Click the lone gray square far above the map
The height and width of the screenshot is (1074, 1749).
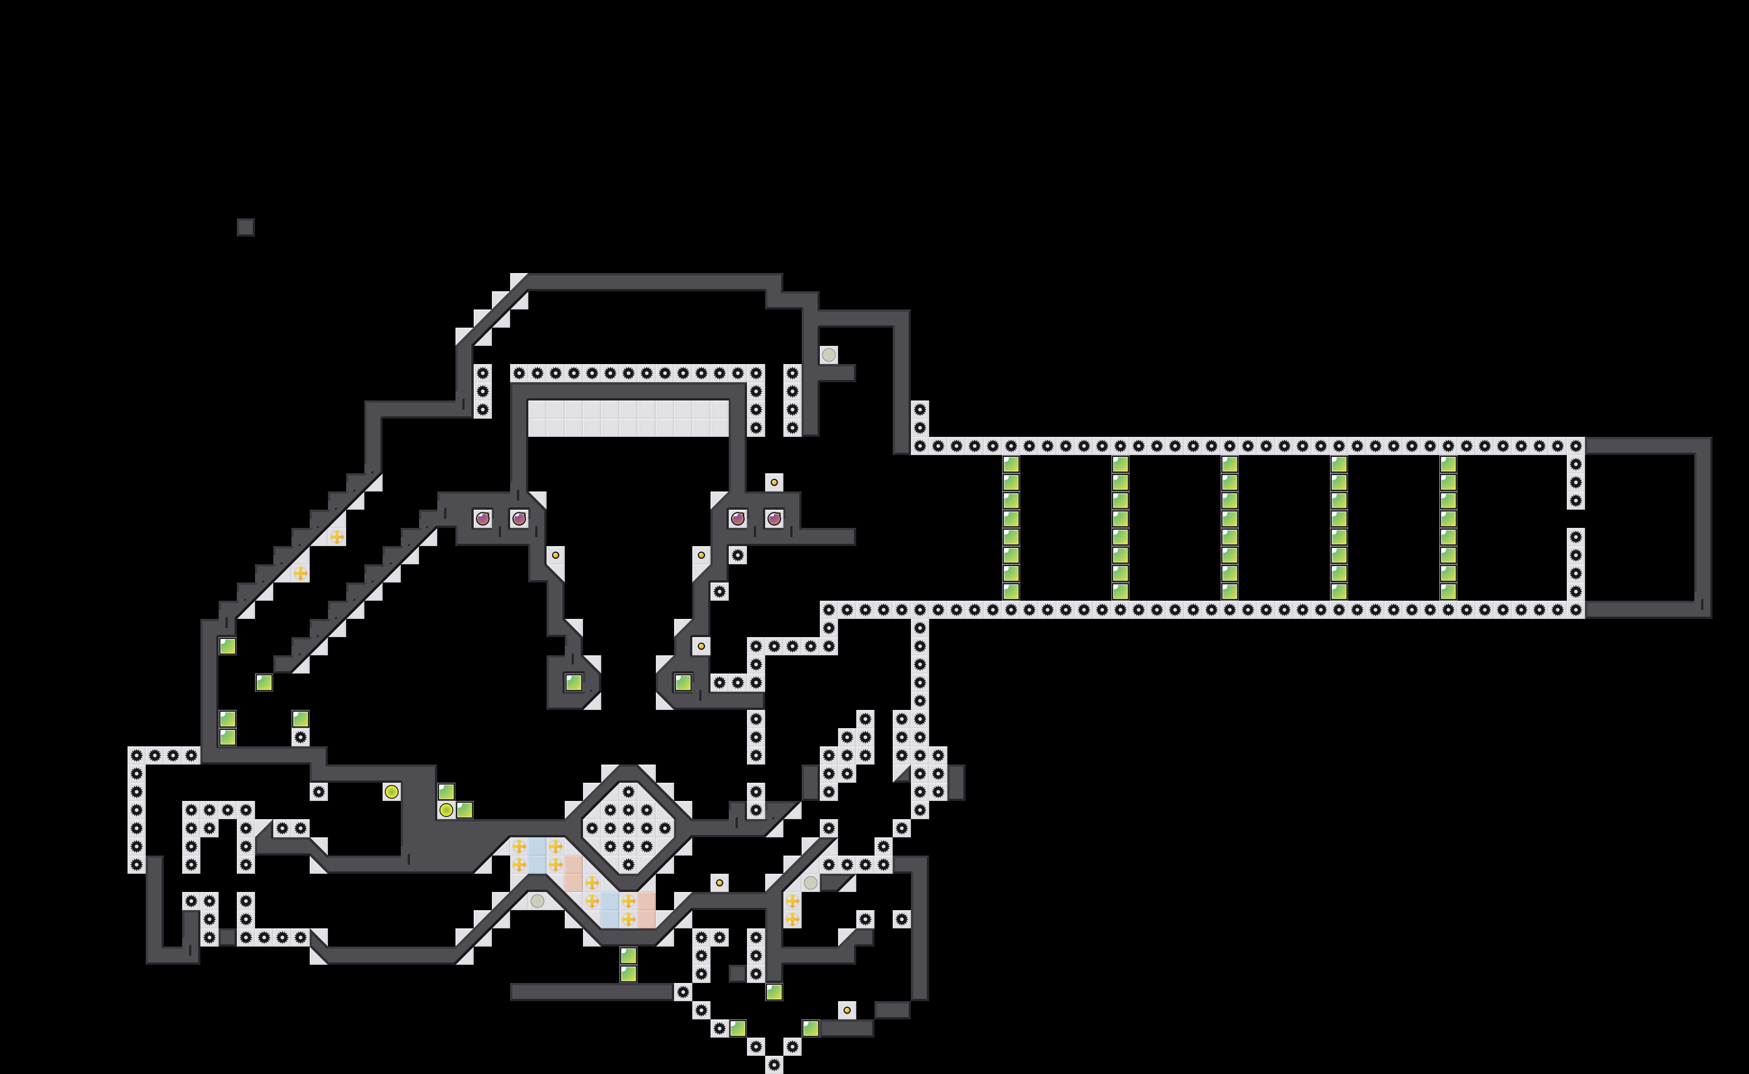(x=245, y=227)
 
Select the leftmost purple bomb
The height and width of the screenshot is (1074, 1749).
(x=482, y=518)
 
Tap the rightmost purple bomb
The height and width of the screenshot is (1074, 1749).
(x=774, y=518)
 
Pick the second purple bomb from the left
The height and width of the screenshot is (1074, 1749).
(x=519, y=518)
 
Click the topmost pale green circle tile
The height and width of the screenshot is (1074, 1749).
(x=828, y=355)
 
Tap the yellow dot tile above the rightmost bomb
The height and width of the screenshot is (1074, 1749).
(x=774, y=482)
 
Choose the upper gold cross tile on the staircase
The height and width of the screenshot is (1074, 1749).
(x=337, y=537)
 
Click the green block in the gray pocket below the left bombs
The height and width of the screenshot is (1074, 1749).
(x=573, y=683)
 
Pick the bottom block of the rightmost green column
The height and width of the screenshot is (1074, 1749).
(x=1448, y=591)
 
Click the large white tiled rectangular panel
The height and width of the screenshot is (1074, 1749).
(x=628, y=418)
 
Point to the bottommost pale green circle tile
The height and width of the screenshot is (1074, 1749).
(x=537, y=901)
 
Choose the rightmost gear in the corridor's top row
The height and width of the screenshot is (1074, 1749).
(x=1575, y=446)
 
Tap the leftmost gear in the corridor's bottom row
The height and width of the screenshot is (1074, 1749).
(x=828, y=609)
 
